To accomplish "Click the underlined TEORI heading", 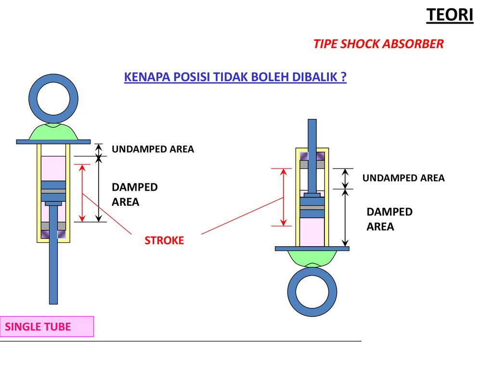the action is tap(450, 15).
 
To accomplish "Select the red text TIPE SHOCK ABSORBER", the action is tap(378, 44).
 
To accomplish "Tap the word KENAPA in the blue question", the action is tap(147, 77).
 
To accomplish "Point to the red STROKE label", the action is tap(164, 240).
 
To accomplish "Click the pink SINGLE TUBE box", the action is tap(47, 327).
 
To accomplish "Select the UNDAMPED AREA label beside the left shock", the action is tap(153, 149).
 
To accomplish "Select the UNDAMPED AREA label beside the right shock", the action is tap(403, 178).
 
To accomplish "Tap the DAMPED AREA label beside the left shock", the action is tap(135, 195).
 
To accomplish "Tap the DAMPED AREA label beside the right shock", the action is tap(389, 219).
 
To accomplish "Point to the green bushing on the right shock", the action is tap(312, 257).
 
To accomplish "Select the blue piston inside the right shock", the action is tap(312, 208).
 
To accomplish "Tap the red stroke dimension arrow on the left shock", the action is tap(82, 193).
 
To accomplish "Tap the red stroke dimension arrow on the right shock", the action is tap(283, 197).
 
